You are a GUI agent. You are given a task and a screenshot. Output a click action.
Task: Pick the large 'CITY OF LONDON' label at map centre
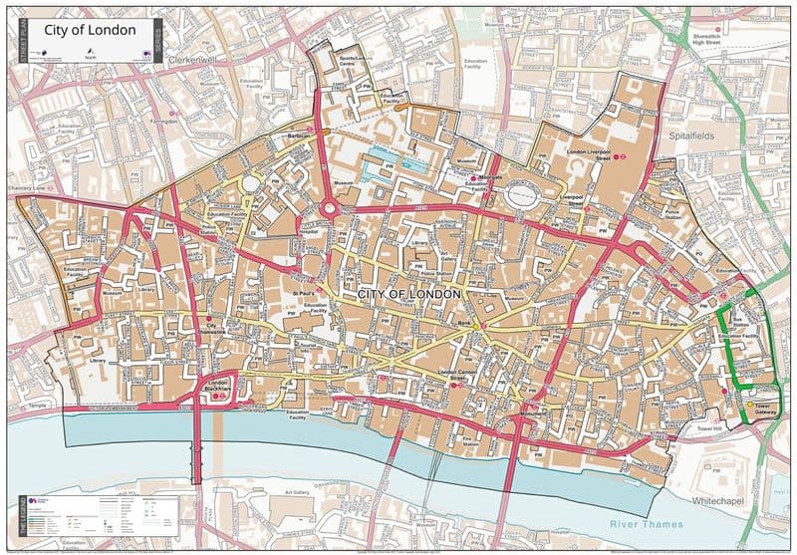[408, 294]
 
